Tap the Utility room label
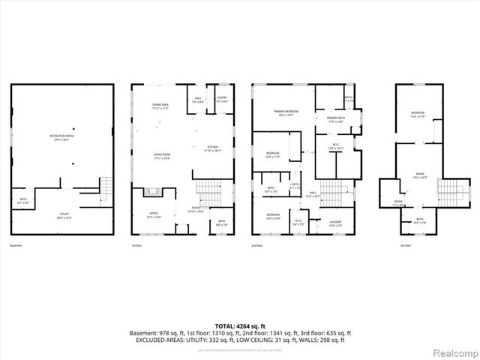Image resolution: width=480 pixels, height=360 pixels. click(65, 216)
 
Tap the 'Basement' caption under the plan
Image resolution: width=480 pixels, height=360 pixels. click(16, 246)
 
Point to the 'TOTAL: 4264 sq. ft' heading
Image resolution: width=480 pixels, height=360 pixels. click(239, 324)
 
